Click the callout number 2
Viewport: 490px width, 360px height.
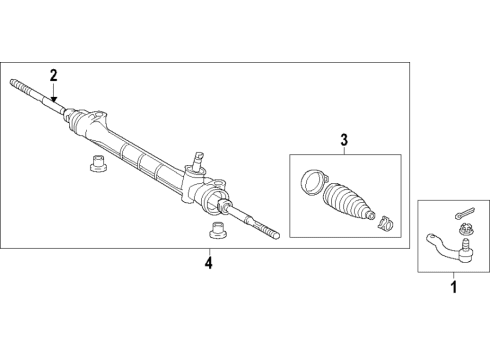(54, 73)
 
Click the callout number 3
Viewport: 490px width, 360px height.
(343, 141)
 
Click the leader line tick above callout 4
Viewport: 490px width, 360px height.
(208, 251)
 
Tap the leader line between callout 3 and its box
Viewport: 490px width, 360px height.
(343, 150)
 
